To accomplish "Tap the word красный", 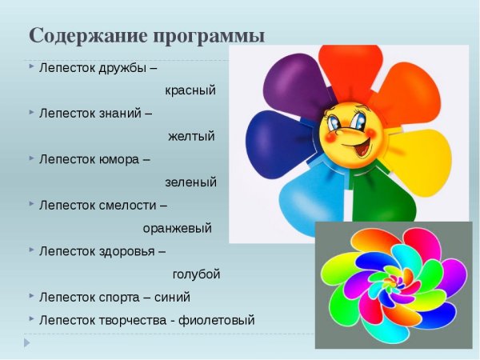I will [x=190, y=90].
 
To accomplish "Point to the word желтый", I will [x=191, y=136].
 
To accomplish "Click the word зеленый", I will [x=190, y=182].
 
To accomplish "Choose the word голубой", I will [x=196, y=274].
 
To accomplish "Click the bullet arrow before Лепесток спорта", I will [x=30, y=297].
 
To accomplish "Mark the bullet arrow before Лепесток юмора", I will [x=30, y=158].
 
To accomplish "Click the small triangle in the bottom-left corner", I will [x=26, y=342].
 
